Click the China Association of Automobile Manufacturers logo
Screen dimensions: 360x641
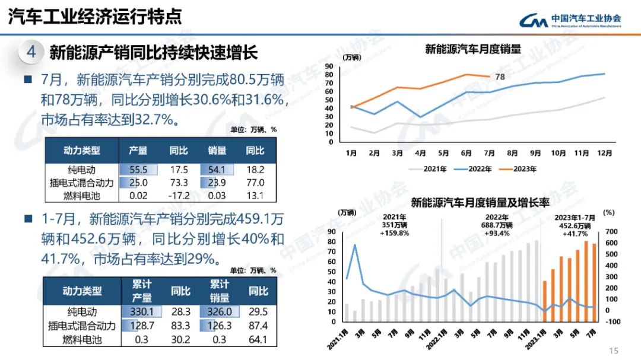coord(570,20)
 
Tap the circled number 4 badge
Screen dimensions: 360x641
coord(31,52)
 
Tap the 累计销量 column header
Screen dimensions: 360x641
coord(220,291)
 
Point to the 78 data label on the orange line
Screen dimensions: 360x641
coord(500,77)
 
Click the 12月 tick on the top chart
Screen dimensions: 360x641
coord(604,152)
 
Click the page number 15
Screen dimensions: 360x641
coord(614,350)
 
